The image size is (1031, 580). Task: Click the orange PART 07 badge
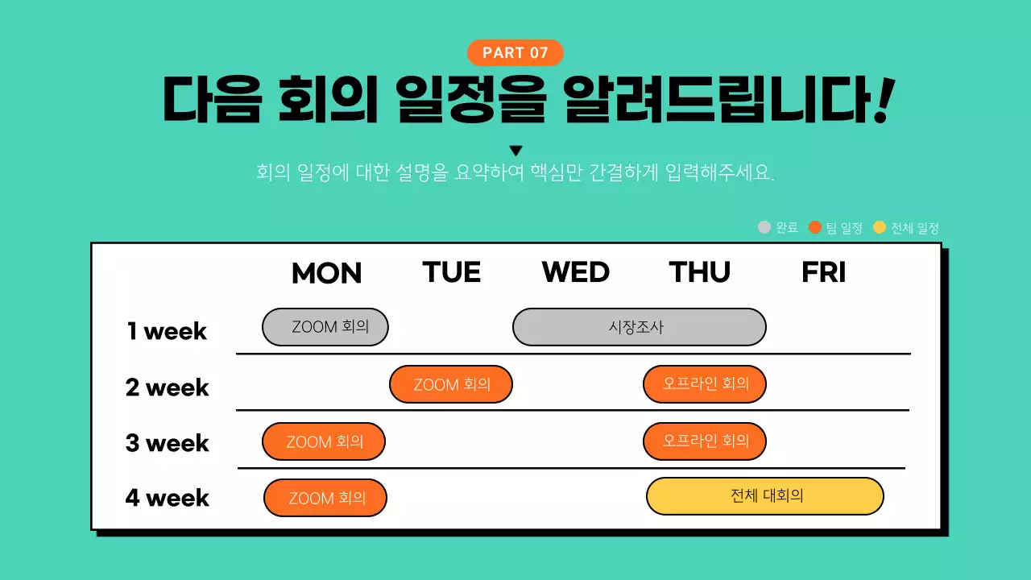coord(515,53)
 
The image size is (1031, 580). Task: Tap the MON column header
coord(326,273)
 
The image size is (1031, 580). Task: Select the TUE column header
coord(451,272)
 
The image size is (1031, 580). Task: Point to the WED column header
coord(575,272)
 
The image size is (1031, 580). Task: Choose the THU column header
coord(699,272)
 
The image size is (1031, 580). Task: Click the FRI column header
coord(823,272)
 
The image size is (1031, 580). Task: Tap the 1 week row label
coord(167,331)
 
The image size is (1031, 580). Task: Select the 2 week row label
coord(167,387)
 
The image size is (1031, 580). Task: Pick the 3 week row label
coord(167,443)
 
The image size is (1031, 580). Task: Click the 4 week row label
coord(167,498)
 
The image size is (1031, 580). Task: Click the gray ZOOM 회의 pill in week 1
coord(325,327)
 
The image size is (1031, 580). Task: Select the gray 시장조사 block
coord(639,327)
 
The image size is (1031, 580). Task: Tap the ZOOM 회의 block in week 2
coord(451,384)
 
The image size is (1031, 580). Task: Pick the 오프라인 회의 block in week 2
coord(705,384)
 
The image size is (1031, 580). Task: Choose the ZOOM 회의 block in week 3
coord(324,441)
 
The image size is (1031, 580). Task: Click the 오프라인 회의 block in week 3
coord(705,441)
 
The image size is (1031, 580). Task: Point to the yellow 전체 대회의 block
coord(765,496)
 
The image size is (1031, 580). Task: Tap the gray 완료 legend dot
coord(764,227)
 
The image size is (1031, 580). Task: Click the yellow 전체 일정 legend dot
coord(880,227)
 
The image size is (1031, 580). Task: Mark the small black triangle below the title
coord(516,151)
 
